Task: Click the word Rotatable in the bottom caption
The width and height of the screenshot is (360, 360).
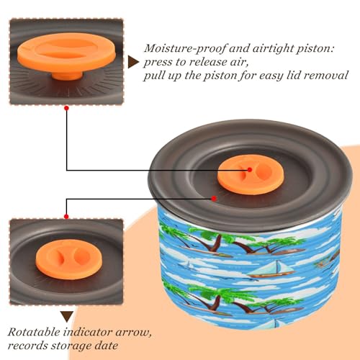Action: [x=34, y=333]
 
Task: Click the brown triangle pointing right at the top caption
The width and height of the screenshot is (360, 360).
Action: [x=133, y=63]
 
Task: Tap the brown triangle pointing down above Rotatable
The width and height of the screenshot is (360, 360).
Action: [x=67, y=317]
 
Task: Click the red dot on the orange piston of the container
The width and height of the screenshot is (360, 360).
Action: [x=250, y=170]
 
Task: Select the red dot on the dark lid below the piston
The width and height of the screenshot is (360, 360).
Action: [x=214, y=199]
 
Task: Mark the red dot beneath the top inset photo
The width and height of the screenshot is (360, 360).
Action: [x=67, y=108]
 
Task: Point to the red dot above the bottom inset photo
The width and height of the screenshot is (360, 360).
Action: [x=66, y=217]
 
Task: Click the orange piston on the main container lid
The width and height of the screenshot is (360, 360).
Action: [x=251, y=174]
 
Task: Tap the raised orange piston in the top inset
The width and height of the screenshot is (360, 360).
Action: [x=66, y=53]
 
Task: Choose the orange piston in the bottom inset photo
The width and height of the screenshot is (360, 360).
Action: [x=69, y=259]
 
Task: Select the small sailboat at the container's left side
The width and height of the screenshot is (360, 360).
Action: [x=188, y=265]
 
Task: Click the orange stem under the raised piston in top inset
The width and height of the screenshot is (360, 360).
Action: [x=68, y=76]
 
